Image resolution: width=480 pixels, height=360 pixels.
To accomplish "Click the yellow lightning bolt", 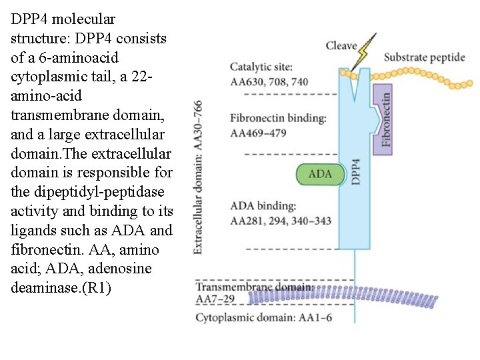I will (364, 50).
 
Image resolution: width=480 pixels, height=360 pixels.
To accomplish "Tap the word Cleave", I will (341, 45).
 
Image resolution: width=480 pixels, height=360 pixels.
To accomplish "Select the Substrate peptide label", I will (424, 57).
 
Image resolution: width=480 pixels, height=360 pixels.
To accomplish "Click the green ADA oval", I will (320, 174).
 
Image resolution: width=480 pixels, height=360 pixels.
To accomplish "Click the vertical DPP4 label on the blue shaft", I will (356, 172).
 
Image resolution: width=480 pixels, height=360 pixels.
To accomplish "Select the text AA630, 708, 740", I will (269, 81).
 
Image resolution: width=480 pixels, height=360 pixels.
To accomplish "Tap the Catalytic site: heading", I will (261, 67).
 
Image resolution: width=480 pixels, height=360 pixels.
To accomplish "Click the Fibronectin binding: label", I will (278, 118).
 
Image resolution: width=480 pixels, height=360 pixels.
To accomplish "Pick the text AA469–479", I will (258, 132).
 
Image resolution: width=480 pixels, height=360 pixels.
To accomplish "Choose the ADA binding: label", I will (263, 207).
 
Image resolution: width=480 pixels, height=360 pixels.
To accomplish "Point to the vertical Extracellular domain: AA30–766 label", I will (198, 177).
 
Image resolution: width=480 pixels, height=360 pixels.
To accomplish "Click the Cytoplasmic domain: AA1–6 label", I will (263, 317).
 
